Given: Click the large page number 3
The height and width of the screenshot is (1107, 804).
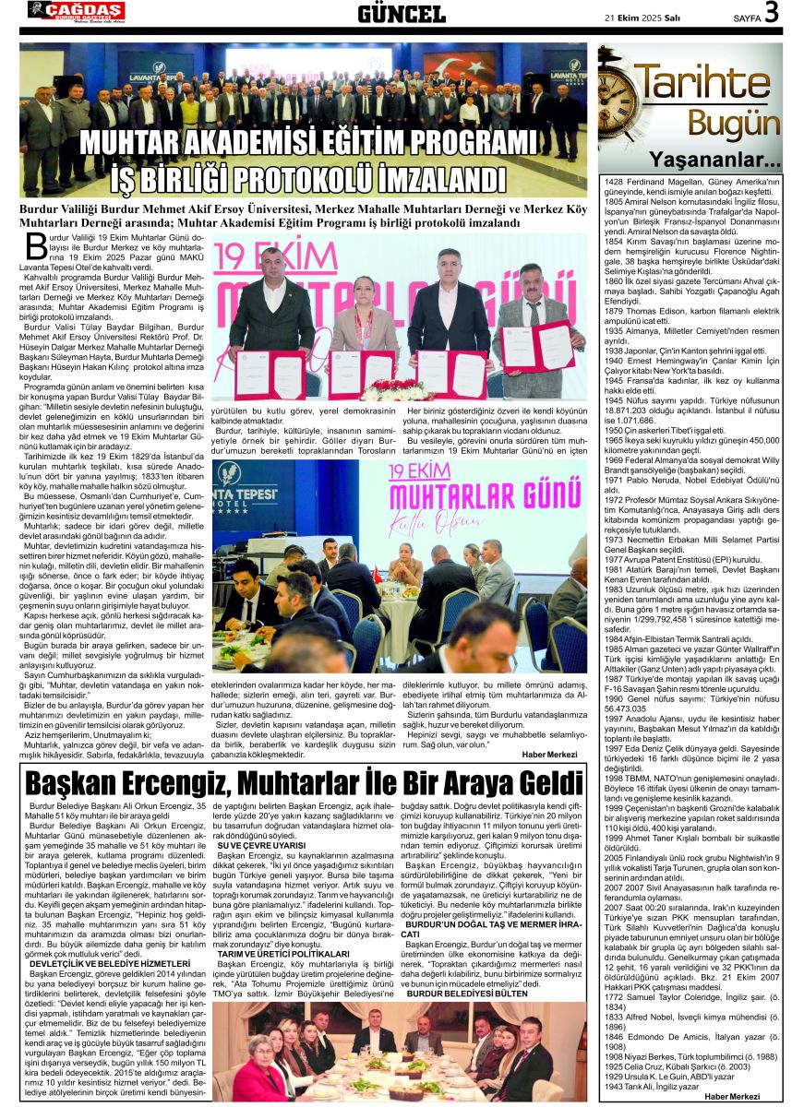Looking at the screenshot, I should coord(771,13).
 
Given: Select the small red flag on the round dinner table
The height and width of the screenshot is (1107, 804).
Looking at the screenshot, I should coord(377,575).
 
